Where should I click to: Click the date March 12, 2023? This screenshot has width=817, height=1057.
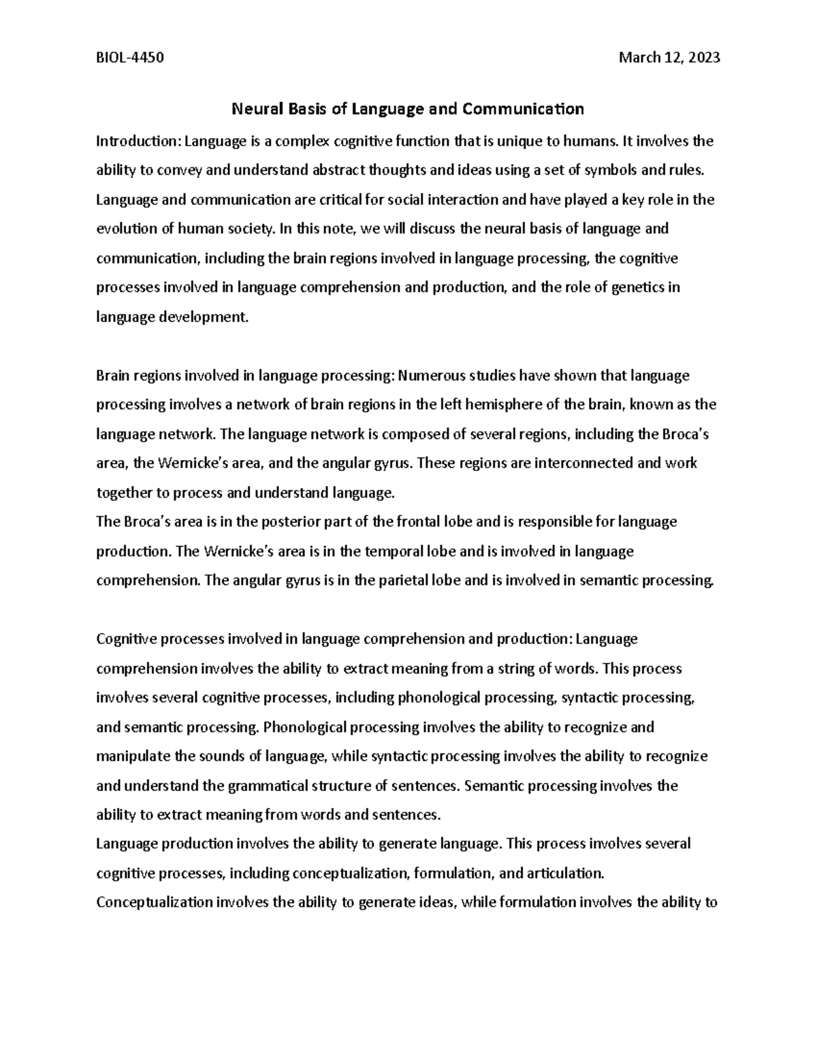tap(669, 58)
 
